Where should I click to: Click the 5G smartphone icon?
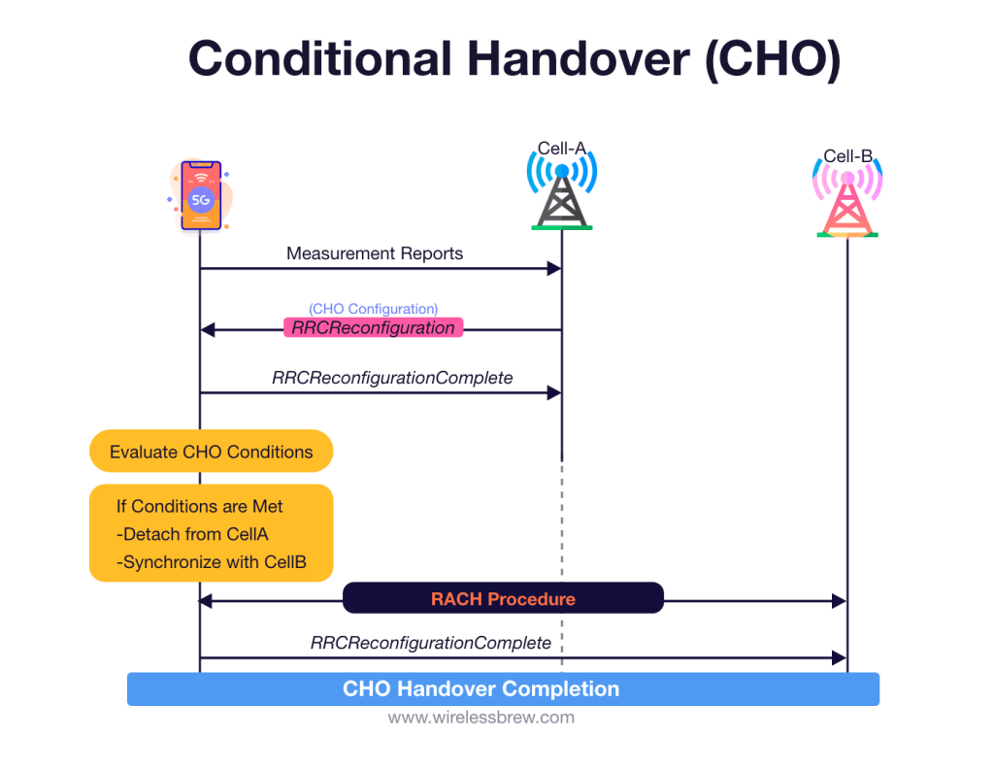(201, 196)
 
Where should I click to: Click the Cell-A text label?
(561, 149)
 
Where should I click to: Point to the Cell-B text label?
(847, 156)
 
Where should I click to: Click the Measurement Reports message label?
(375, 253)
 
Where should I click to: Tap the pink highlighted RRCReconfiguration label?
(373, 328)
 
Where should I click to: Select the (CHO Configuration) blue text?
(373, 309)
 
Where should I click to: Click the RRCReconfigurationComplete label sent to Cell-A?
(392, 378)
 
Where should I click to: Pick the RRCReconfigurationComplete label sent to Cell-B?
(430, 643)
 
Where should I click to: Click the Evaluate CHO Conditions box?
(211, 452)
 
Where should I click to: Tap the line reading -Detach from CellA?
(192, 534)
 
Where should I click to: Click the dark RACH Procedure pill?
(503, 599)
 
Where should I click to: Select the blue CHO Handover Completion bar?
(503, 689)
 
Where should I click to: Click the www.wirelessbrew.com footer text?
(480, 719)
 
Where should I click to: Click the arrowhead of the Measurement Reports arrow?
(555, 269)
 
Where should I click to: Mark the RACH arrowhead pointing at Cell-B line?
(840, 602)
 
